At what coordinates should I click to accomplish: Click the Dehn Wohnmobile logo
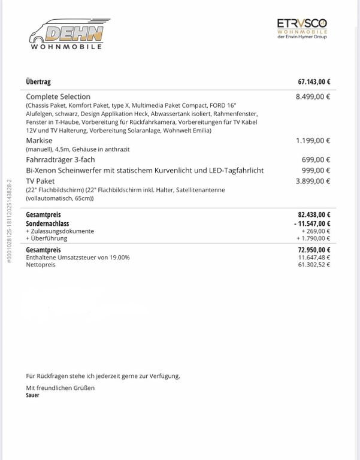click(66, 35)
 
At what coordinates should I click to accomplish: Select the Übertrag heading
click(39, 82)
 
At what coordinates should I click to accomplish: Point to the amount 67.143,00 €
click(314, 82)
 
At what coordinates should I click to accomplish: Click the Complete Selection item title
click(58, 96)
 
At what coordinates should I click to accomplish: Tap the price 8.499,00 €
click(313, 96)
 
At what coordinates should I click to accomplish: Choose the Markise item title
click(40, 140)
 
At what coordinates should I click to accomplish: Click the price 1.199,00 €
click(313, 140)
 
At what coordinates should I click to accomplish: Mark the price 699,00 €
click(316, 160)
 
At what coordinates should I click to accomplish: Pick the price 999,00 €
click(316, 170)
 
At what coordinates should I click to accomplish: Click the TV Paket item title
click(40, 180)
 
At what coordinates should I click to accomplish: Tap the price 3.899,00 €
click(313, 180)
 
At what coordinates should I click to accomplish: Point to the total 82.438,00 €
click(314, 214)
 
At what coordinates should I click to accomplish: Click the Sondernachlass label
click(47, 223)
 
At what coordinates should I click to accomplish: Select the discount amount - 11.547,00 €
click(312, 223)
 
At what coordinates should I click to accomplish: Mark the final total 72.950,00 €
click(314, 250)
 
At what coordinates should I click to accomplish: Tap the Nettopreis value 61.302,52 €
click(314, 264)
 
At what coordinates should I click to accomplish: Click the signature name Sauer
click(32, 395)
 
